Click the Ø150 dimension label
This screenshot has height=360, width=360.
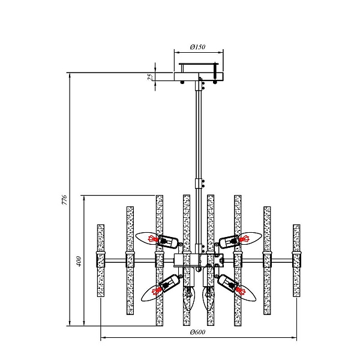(x=197, y=47)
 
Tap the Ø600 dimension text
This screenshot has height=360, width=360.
(x=197, y=332)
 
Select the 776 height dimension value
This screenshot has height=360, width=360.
(x=65, y=200)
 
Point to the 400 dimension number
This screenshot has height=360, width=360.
(x=79, y=261)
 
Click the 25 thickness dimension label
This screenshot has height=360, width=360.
(x=150, y=77)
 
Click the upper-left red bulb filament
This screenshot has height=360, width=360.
(x=153, y=239)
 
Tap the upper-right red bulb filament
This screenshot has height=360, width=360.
(x=244, y=239)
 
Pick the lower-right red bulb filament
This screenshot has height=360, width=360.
(x=240, y=291)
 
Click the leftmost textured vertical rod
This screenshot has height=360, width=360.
(x=101, y=260)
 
